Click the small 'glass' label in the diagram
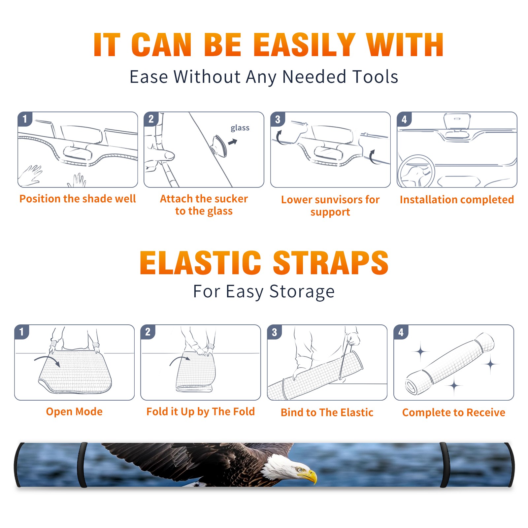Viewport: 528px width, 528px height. (x=240, y=128)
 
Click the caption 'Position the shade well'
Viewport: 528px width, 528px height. (x=78, y=199)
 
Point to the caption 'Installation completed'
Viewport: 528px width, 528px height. (x=457, y=200)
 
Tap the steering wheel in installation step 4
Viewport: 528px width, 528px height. (x=416, y=172)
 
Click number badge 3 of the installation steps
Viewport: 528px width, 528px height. (x=278, y=119)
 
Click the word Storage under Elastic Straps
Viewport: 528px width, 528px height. (x=302, y=292)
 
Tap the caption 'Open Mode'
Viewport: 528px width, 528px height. (x=74, y=412)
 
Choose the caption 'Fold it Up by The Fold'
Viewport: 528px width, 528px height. (x=201, y=412)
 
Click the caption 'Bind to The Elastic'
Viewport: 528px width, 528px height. (x=327, y=412)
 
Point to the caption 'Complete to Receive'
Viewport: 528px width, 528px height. (x=454, y=412)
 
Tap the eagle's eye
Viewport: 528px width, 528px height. (x=300, y=470)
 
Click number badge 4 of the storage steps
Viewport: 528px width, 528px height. (x=401, y=332)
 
